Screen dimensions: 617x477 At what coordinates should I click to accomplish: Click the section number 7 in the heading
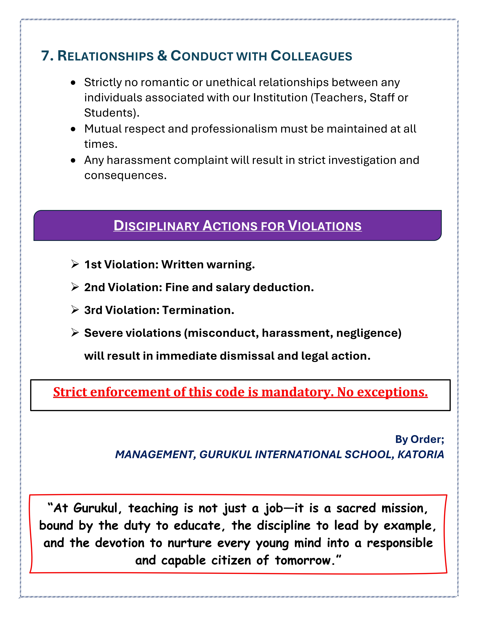[45, 56]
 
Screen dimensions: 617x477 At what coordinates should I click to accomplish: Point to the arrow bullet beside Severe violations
[75, 333]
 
